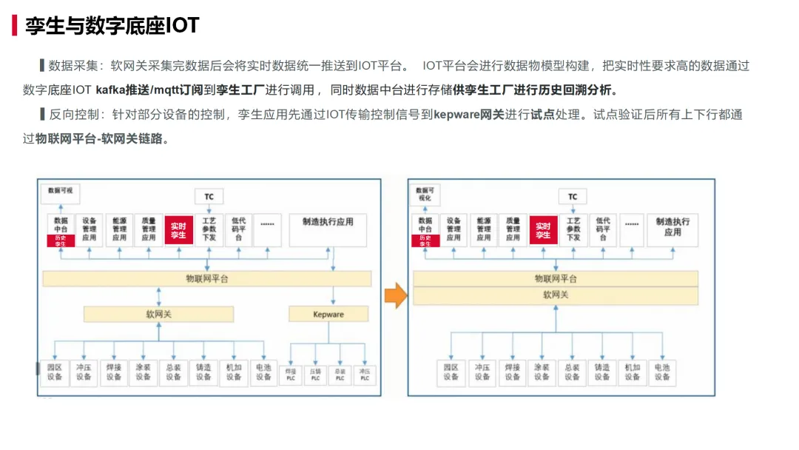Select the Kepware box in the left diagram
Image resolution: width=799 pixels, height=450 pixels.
point(328,315)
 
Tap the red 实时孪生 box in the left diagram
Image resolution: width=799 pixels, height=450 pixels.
point(178,229)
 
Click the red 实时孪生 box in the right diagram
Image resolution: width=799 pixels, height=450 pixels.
point(543,229)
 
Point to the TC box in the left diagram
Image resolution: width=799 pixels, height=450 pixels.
point(209,197)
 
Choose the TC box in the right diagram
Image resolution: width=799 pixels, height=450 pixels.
point(573,197)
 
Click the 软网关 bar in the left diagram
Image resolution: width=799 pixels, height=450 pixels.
point(158,315)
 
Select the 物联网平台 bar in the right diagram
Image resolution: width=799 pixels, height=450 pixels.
point(555,279)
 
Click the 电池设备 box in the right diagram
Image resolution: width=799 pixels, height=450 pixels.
point(661,372)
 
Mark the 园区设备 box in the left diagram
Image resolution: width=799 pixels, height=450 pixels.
point(54,372)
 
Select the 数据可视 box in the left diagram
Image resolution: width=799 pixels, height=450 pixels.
point(60,191)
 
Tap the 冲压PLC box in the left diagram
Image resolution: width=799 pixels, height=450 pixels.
point(363,375)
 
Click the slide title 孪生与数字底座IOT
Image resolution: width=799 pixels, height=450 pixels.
point(112,25)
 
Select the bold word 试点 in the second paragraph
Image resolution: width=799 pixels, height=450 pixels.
point(542,115)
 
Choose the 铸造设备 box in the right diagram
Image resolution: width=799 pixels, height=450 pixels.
point(601,372)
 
